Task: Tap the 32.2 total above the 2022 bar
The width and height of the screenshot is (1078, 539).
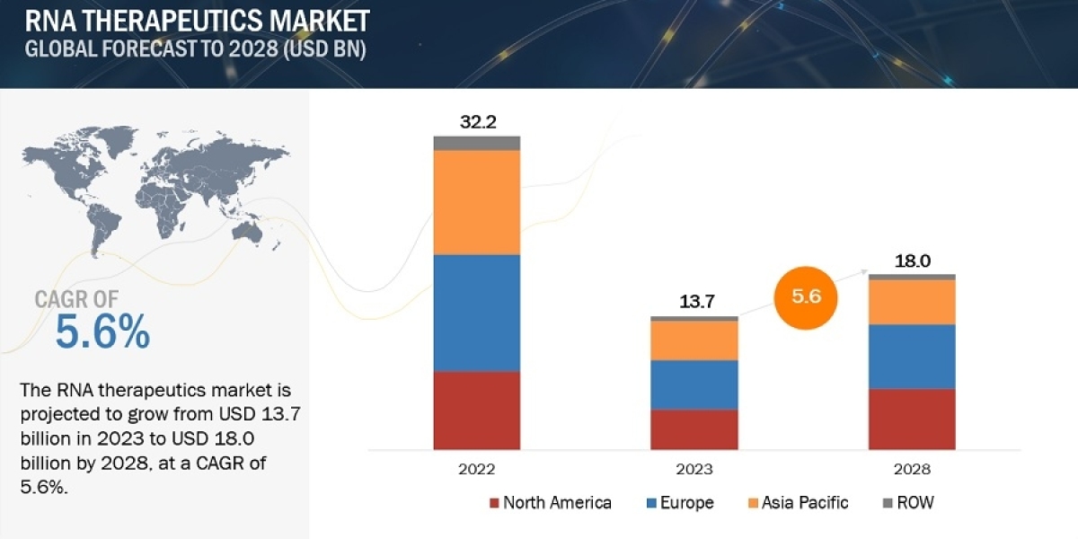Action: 477,121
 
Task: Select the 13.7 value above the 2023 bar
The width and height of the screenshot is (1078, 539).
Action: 694,302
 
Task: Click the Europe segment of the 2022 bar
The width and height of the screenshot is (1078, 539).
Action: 477,313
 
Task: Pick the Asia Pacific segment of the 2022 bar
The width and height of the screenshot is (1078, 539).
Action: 477,202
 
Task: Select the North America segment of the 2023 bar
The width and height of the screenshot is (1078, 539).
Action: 694,429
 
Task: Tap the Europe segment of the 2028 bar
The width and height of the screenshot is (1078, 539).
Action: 911,356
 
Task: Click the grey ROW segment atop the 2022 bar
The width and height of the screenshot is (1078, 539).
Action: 477,143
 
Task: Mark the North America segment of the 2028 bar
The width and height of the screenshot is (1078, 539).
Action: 911,419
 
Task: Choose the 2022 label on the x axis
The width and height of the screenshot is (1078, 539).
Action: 476,469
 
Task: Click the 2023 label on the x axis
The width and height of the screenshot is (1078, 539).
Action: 694,469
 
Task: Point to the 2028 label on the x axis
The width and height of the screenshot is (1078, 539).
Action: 912,469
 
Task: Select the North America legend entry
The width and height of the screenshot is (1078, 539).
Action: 550,502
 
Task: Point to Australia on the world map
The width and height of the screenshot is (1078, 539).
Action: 246,232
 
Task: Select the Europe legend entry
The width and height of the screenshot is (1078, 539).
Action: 679,502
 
